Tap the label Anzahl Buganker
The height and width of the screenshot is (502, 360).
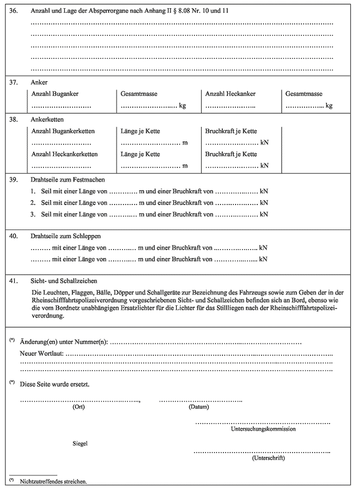click(55, 94)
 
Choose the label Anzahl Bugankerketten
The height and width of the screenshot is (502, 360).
click(63, 131)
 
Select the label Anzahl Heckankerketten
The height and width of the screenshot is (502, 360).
click(65, 154)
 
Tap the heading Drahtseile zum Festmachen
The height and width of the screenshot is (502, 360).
click(68, 179)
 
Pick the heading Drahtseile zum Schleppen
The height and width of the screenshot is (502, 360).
click(66, 236)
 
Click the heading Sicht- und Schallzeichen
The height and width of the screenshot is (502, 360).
click(64, 281)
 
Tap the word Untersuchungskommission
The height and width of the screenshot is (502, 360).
click(263, 429)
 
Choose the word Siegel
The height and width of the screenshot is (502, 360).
click(80, 443)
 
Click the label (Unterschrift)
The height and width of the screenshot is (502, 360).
click(269, 458)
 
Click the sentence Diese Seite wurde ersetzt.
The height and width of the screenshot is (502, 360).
click(54, 384)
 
